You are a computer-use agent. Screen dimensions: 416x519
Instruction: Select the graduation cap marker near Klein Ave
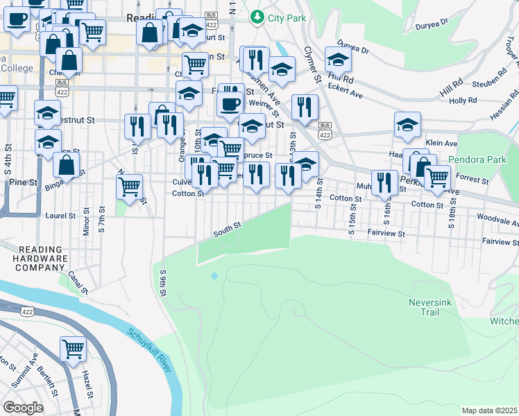tap(408, 125)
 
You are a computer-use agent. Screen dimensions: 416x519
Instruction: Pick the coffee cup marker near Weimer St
tap(230, 104)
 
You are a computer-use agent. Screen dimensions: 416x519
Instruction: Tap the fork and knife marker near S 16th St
tap(384, 182)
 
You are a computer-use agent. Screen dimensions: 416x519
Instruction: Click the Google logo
tap(22, 408)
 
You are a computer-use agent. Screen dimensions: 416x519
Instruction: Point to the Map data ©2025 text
tap(490, 410)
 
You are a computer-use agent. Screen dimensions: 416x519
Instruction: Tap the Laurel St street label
tap(60, 216)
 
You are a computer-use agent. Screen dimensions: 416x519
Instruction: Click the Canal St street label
tap(74, 280)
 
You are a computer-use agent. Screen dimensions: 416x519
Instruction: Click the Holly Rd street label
tap(463, 101)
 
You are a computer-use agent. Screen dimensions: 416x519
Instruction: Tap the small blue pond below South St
tap(214, 276)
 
